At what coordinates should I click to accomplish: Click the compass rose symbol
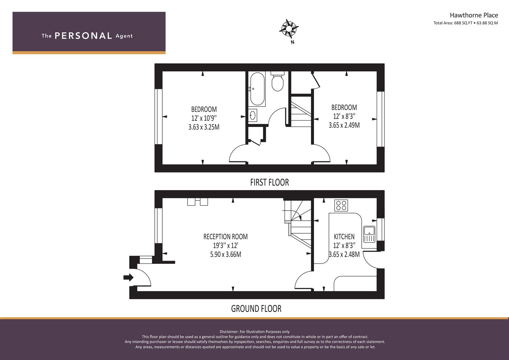289,29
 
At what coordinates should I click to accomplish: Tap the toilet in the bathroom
277,81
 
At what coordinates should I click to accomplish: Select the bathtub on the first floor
257,89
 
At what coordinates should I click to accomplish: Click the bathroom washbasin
253,115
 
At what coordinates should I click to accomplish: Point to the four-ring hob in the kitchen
341,205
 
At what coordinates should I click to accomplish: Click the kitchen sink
369,234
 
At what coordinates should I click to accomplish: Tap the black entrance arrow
128,277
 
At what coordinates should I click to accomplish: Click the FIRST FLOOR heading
269,182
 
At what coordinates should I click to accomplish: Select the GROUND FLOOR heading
256,309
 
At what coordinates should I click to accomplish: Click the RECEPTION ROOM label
225,237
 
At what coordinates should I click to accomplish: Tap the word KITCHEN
344,237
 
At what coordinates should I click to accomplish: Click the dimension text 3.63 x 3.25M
204,127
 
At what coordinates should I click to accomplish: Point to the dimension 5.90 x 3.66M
225,254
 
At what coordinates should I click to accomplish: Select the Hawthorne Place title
474,15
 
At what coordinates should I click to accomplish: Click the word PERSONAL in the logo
83,36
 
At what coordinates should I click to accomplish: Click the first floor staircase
301,111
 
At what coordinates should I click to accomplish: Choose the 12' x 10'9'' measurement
204,118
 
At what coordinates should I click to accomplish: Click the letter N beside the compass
293,42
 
